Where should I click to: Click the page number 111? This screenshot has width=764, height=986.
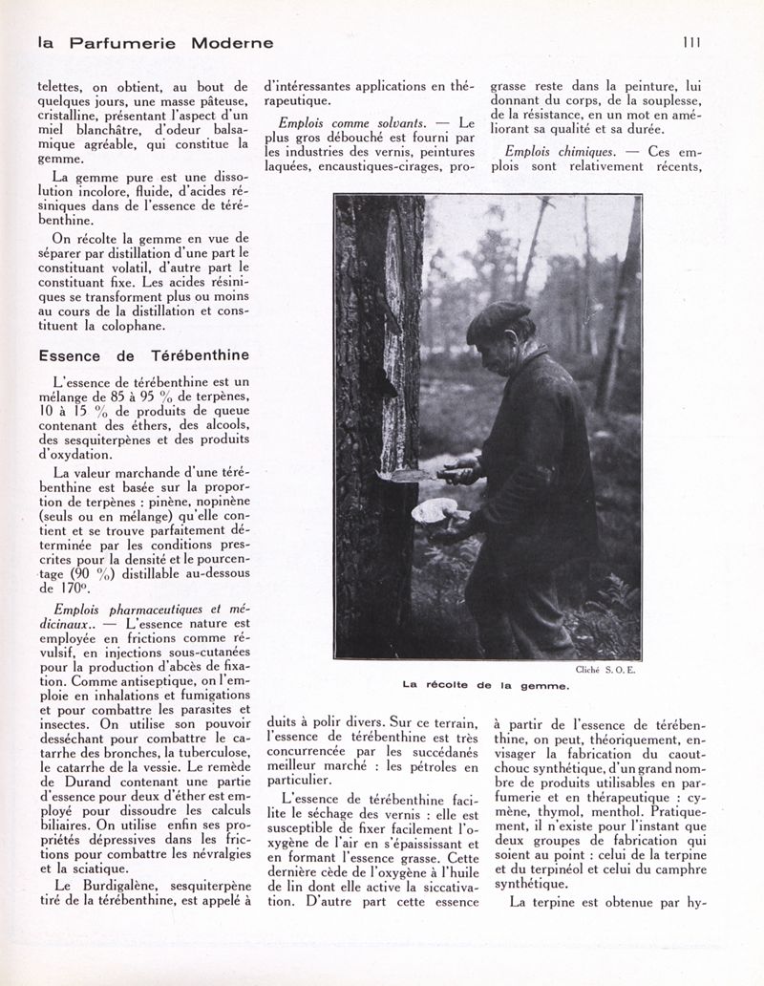coord(692,42)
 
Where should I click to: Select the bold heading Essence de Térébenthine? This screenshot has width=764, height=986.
coord(143,355)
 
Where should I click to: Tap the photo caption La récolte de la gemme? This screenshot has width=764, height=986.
coord(487,684)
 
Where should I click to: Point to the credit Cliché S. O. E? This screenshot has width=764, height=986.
coord(607,671)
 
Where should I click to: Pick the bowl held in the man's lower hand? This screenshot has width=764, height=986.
coord(435,511)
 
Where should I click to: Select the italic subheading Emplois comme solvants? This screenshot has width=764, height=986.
coord(352,123)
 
